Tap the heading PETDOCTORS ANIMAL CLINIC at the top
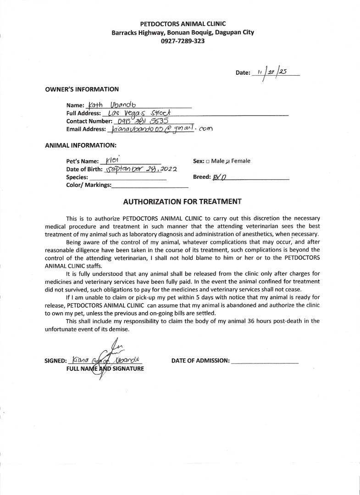tap(183, 24)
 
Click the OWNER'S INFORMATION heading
tap(82, 89)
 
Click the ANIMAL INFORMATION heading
tap(80, 145)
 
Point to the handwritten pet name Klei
tap(112, 161)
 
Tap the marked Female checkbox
tap(228, 161)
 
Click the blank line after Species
tap(128, 178)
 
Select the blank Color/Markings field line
tap(150, 187)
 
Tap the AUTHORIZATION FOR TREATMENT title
tap(182, 201)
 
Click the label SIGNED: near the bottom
tap(55, 361)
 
